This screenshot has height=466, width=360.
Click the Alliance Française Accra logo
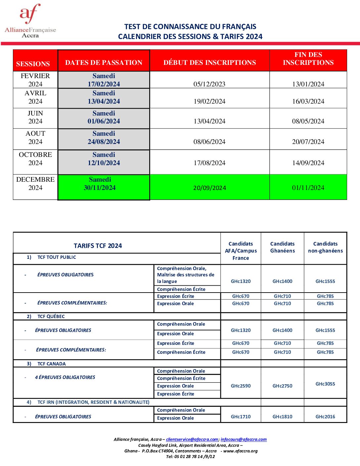point(30,21)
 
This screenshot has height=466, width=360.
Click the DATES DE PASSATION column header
point(104,63)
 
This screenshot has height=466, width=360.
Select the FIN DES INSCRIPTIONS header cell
point(308,59)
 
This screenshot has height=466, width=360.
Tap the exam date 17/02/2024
point(104,84)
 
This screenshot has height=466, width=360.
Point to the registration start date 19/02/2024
point(209,102)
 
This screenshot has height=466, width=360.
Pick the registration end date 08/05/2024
point(308,121)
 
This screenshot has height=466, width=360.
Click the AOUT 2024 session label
point(35,138)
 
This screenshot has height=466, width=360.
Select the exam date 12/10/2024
point(104,163)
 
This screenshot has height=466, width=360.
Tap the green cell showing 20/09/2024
point(209,188)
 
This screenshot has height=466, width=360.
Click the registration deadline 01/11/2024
point(308,188)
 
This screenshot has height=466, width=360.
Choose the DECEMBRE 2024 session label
point(35,184)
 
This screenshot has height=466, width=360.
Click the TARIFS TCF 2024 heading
point(98,246)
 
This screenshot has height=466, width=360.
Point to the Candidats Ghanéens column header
point(282,247)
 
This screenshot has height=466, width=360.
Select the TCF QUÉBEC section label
point(51,316)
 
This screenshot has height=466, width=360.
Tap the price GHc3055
point(325,384)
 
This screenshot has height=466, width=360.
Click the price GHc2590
point(241,386)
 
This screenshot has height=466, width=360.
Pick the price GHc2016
point(325,417)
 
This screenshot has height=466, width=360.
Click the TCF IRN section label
point(93,402)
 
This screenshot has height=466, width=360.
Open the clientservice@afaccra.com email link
point(192,440)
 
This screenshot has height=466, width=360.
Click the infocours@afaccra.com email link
point(244,440)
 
